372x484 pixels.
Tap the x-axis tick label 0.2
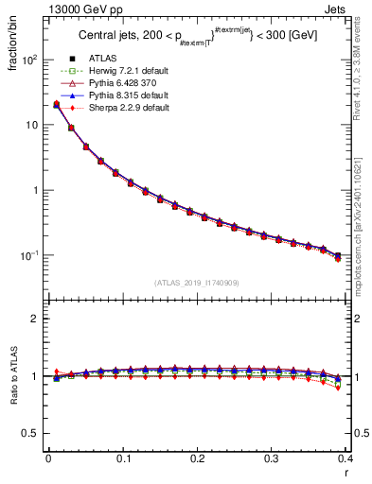(x=197, y=459)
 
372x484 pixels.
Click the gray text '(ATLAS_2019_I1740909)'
(x=197, y=283)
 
